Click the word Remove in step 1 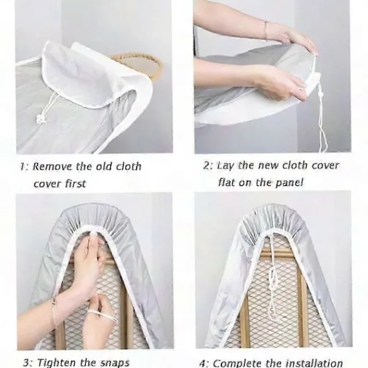pos(52,166)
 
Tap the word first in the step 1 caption pos(75,183)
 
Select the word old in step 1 pos(104,166)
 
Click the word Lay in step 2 pos(225,166)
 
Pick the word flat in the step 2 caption pos(226,182)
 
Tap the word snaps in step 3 pos(115,362)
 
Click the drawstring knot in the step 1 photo pos(40,119)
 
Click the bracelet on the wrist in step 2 pos(267,30)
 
